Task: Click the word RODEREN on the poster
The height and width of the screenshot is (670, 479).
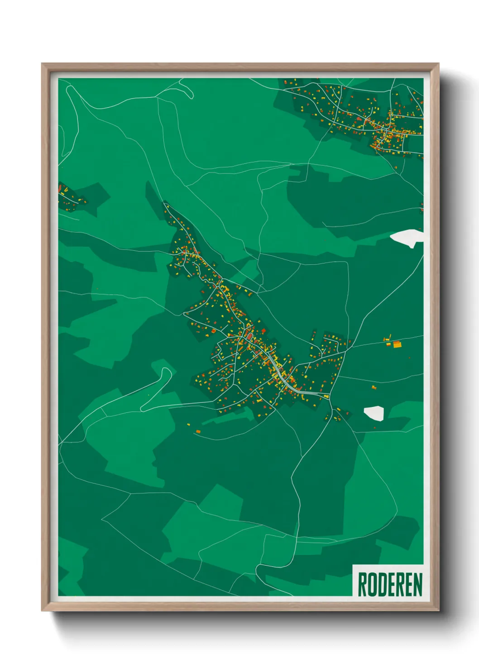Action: pyautogui.click(x=390, y=584)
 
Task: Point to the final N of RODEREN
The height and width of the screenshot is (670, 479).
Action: pyautogui.click(x=417, y=584)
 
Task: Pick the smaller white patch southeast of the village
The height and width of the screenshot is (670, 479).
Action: pyautogui.click(x=374, y=413)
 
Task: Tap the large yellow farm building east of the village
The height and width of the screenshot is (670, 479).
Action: pyautogui.click(x=397, y=345)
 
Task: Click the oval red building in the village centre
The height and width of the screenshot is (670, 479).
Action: pyautogui.click(x=249, y=337)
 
